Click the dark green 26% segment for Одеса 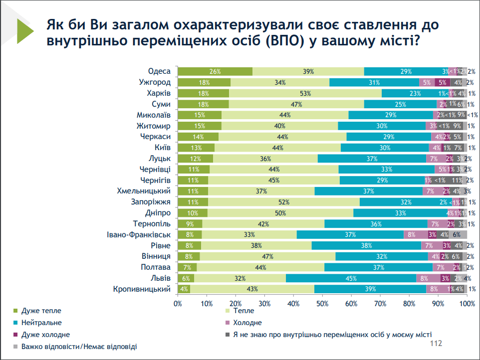215,71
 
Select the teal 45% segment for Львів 351,278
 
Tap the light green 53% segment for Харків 305,93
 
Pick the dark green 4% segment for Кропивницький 184,289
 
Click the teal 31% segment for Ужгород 374,82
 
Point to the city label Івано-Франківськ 139,234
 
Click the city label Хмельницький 144,191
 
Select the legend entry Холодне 247,323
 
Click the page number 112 436,344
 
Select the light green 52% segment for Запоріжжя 283,202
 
